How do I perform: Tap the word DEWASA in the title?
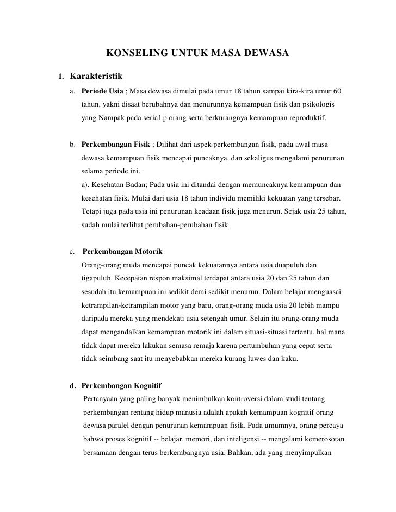(x=268, y=53)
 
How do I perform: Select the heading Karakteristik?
(x=97, y=74)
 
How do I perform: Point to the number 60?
(x=336, y=89)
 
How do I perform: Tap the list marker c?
(x=73, y=252)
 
